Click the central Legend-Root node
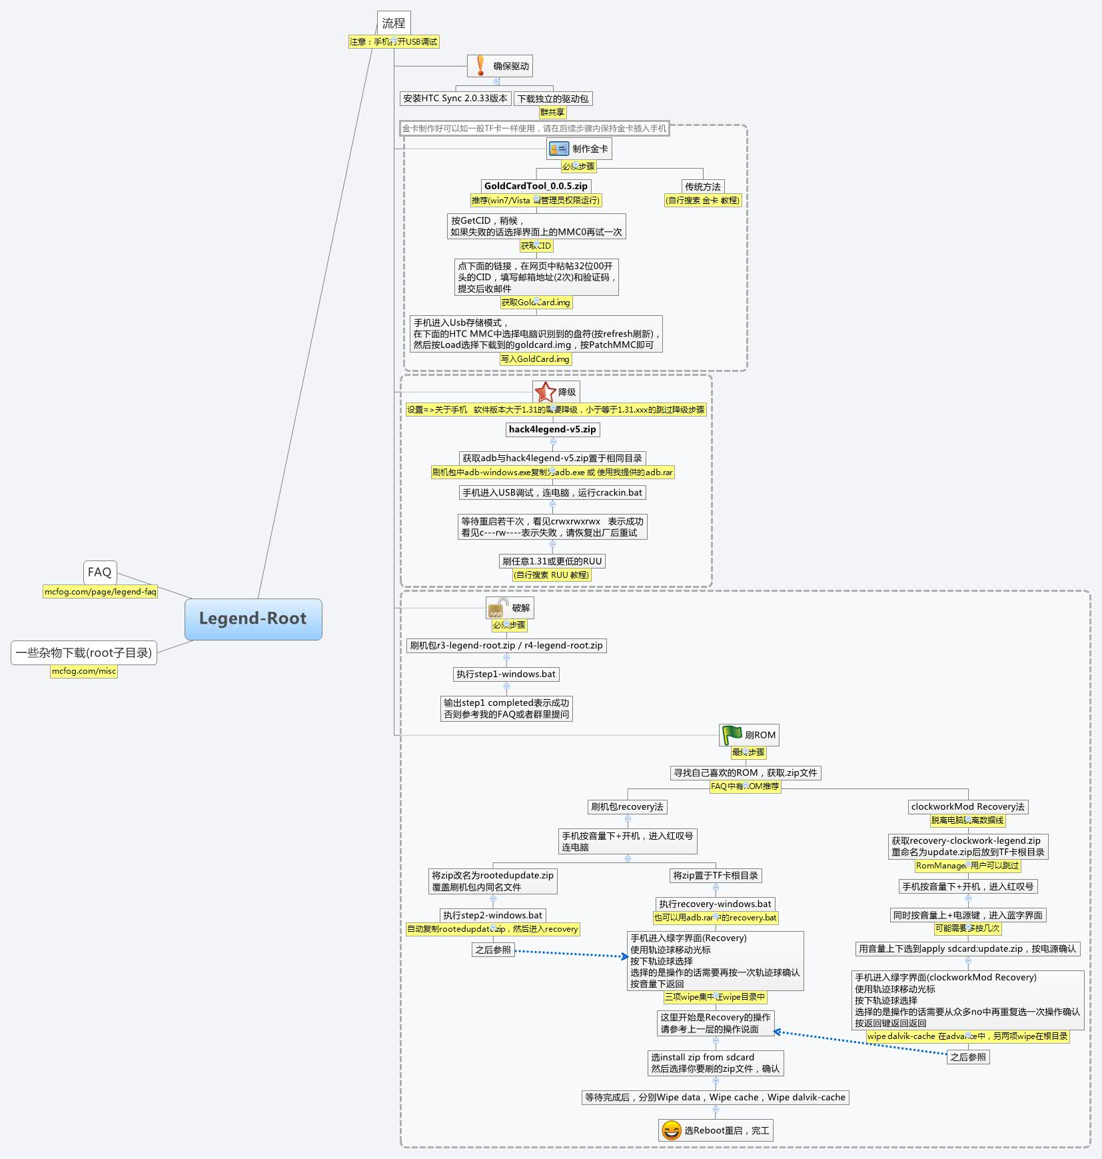coord(253,618)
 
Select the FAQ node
coord(100,572)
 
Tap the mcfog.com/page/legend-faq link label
coord(100,591)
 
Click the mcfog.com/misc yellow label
coord(84,671)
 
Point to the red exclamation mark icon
coord(480,66)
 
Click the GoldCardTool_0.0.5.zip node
coord(536,186)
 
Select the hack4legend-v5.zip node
coord(552,429)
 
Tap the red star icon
coord(545,392)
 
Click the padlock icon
coord(498,608)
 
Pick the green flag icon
coord(732,734)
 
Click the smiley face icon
coord(671,1130)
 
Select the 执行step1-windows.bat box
coord(506,674)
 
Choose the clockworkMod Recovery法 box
coord(967,806)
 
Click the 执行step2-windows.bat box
coord(493,915)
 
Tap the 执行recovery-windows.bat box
coord(715,904)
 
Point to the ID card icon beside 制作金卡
coord(558,149)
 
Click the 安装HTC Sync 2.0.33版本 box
coord(455,98)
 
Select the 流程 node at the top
coord(393,23)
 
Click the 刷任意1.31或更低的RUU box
coord(552,561)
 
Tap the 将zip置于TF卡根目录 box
coord(716,875)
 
